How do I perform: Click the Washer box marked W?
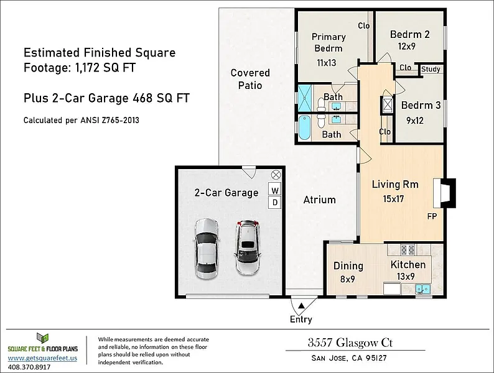pos(275,190)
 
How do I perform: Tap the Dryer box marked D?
pos(275,202)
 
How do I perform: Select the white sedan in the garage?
pos(206,249)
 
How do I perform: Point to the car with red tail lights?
pos(248,247)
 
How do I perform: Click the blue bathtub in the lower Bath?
pos(304,127)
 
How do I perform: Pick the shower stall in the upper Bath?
pos(305,98)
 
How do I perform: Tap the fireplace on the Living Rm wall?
pos(444,193)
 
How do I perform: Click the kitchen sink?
pos(422,288)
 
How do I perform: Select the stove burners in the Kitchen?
pos(407,250)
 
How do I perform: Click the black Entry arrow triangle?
pos(302,305)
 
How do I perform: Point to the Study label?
pos(431,69)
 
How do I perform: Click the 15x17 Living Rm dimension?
pos(393,199)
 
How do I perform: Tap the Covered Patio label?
pos(250,79)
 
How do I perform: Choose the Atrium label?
pos(319,200)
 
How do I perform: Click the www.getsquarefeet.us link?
pos(42,358)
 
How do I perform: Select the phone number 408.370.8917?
pos(29,367)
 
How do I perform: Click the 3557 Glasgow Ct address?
pos(350,343)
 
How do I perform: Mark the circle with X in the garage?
pos(276,175)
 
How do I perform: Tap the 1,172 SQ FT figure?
pos(105,67)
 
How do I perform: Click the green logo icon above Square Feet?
pos(42,338)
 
